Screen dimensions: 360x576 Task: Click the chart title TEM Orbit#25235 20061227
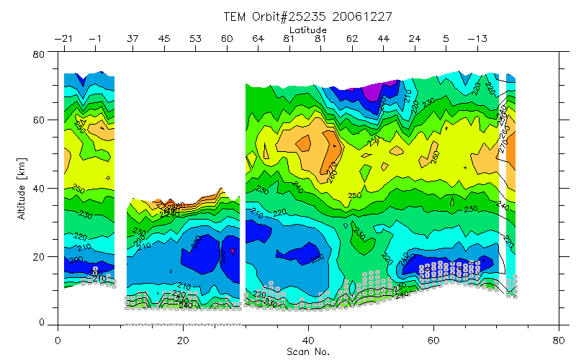coord(310,16)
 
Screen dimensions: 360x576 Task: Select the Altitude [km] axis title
coord(22,189)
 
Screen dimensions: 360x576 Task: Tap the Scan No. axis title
coord(307,352)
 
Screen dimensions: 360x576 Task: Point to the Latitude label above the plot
coord(307,30)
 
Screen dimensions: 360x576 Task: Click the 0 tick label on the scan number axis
coord(58,339)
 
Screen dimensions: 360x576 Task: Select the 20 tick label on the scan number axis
coord(183,339)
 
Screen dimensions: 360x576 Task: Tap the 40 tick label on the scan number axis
coord(308,339)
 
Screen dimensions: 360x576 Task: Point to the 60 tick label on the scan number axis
coord(433,339)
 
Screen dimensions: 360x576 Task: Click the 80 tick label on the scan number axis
coord(559,339)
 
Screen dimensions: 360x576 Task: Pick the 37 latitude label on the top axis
coord(133,38)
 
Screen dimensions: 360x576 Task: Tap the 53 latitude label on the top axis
coord(196,38)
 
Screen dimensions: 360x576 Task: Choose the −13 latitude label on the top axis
coord(477,38)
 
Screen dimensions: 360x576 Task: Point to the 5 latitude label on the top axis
coord(446,38)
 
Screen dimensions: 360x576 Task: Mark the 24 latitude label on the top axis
coord(415,38)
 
